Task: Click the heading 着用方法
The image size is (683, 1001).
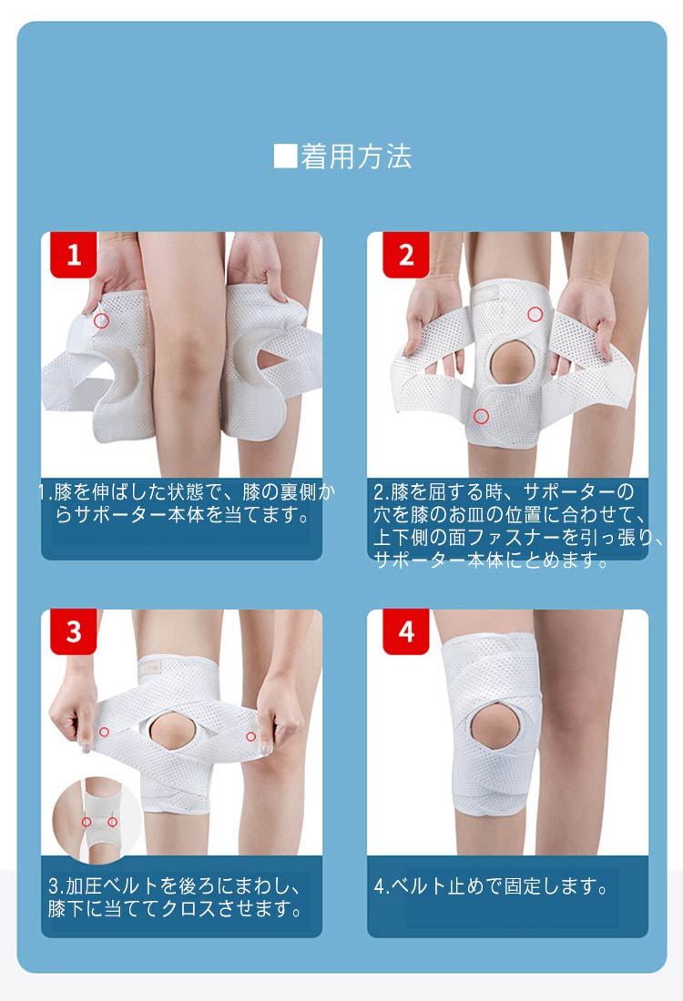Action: [356, 157]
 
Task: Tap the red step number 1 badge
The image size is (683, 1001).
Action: [74, 255]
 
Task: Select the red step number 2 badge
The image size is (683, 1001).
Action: [406, 255]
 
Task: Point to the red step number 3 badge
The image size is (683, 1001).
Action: [74, 632]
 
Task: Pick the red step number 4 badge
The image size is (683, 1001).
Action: [406, 632]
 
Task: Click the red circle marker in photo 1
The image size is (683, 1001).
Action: [101, 320]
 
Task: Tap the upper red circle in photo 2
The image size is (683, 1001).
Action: [535, 314]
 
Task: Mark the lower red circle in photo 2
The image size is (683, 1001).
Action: [481, 416]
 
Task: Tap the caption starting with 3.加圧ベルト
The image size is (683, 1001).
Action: [175, 897]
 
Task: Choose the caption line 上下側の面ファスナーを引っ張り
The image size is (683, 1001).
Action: [518, 538]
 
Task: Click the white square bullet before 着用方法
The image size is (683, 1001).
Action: [285, 157]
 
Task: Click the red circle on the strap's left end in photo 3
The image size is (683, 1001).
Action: [104, 732]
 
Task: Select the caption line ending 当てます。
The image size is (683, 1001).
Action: [183, 514]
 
